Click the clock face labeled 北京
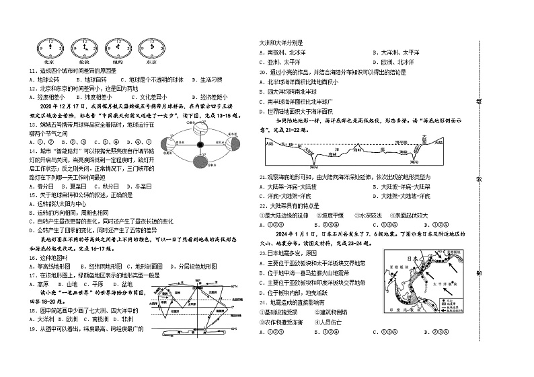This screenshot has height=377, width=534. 48,48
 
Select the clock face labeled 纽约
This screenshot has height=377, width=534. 119,48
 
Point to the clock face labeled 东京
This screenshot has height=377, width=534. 153,48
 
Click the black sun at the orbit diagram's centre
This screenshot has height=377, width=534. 200,145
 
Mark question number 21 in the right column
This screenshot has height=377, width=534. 263,176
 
